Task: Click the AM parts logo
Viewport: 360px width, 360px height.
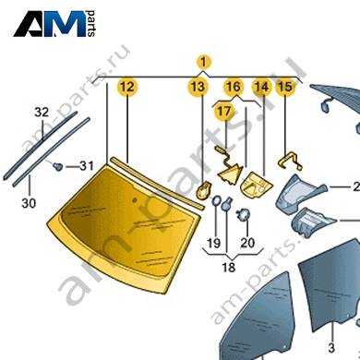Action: pos(54,24)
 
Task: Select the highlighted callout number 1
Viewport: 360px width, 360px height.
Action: pos(204,62)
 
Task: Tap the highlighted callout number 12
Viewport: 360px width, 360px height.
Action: pos(127,87)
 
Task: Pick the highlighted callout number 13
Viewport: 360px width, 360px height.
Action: pos(198,87)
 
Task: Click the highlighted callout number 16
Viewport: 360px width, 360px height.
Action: pos(233,87)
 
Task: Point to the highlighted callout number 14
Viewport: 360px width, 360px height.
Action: pos(261,87)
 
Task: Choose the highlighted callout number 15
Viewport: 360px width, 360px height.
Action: pos(284,87)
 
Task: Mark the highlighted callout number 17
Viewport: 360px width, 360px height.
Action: pos(224,111)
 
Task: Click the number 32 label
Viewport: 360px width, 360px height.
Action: pos(42,112)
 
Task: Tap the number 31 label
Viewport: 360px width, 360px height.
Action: pos(87,166)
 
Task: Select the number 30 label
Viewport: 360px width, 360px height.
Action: pos(29,203)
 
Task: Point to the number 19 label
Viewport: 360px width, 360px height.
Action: pos(214,243)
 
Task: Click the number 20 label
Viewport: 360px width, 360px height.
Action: pos(247,243)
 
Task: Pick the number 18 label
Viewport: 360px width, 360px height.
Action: pos(228,267)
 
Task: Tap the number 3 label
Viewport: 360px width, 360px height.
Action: pos(331,348)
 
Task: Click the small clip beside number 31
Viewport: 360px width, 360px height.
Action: pos(57,166)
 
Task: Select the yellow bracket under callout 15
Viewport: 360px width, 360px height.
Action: pos(291,162)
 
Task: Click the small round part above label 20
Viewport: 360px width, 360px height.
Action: pos(243,214)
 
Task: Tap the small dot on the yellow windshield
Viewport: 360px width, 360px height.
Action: pos(134,200)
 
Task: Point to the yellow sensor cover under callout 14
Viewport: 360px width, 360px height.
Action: pos(256,185)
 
